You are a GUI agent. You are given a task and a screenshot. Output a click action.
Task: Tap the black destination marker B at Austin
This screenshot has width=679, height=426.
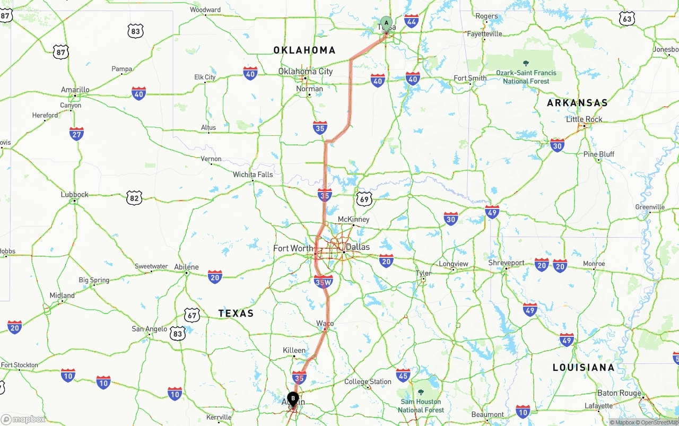[293, 398]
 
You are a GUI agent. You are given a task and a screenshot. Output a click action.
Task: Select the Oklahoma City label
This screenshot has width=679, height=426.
[306, 71]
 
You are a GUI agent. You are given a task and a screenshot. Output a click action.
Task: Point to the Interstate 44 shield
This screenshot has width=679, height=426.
[411, 21]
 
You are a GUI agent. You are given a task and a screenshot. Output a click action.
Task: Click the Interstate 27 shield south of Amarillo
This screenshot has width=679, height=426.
[76, 133]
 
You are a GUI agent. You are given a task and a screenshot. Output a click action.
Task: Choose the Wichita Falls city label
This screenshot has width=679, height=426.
[253, 175]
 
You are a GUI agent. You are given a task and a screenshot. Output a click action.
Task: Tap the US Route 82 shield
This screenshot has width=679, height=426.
[135, 198]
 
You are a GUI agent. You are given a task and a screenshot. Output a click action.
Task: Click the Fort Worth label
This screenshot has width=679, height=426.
[293, 248]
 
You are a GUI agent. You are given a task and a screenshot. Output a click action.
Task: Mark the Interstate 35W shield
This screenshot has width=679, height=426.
[323, 282]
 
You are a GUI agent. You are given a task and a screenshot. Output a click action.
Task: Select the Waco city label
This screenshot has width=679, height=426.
[325, 323]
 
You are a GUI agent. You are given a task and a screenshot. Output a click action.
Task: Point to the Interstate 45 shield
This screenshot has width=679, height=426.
[403, 376]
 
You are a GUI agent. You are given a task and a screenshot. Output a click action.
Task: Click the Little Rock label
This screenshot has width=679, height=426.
[584, 119]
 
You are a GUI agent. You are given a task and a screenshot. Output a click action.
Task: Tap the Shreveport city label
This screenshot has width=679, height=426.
[506, 263]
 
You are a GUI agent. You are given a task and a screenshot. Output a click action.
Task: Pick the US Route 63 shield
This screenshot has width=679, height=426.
[627, 19]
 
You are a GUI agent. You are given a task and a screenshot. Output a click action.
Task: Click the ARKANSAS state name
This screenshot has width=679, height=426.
[577, 103]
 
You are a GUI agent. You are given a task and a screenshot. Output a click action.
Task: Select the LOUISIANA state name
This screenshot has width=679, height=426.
[584, 367]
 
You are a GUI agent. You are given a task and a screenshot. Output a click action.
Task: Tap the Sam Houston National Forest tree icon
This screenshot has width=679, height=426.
[421, 393]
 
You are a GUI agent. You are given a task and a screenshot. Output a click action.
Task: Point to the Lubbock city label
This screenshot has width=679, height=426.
[75, 195]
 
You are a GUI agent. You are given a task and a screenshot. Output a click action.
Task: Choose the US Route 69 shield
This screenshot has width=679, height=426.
[364, 199]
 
